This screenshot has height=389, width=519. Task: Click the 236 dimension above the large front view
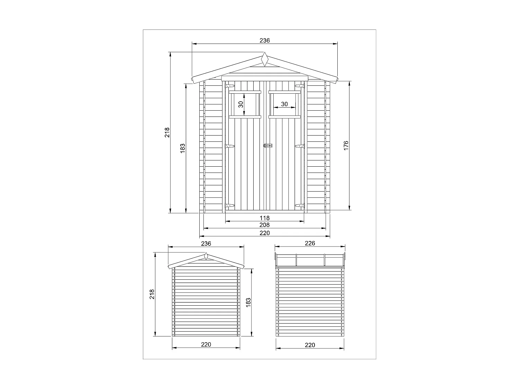coord(265,40)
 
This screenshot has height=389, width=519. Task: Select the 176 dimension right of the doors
coord(346,145)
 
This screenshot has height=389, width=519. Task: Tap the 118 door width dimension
coord(265,218)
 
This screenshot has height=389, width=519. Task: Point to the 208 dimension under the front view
coord(265,225)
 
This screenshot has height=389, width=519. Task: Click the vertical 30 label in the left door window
coord(241,104)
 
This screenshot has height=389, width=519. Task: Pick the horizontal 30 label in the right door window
coord(284,104)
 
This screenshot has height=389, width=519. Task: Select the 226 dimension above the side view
coord(310,243)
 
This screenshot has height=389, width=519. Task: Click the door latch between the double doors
coord(268,146)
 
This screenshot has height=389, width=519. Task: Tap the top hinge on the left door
coord(230,85)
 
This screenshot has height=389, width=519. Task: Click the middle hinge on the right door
coord(300,146)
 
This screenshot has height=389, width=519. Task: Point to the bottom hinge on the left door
coord(230,206)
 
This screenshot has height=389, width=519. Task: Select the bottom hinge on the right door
coord(300,206)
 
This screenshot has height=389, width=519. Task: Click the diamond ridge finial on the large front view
coord(265,59)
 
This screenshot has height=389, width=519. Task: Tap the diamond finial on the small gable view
coord(206,257)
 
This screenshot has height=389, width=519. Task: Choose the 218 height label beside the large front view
coord(167,132)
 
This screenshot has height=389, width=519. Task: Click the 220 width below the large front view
coord(265,233)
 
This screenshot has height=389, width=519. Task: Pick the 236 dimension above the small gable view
coord(206,243)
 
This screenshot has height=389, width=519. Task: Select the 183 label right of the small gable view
coord(248,302)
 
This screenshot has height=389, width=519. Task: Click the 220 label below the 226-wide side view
coord(310,345)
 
